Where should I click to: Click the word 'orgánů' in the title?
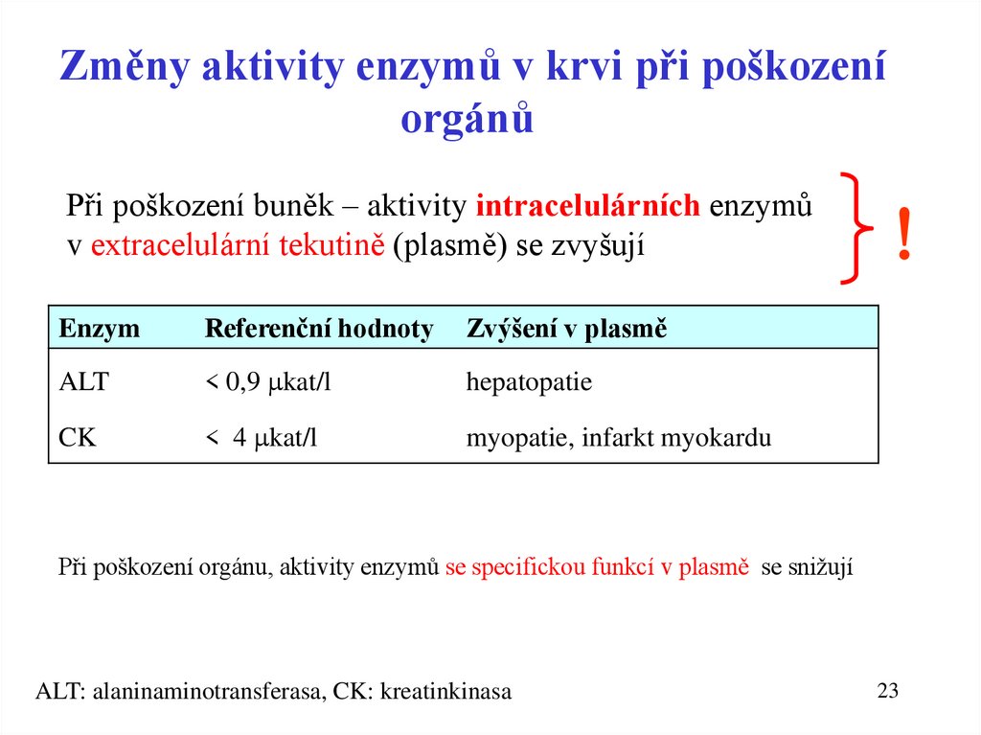point(466,120)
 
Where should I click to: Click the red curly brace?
point(855,228)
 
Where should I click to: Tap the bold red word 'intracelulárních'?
point(588,207)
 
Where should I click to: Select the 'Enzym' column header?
point(100,329)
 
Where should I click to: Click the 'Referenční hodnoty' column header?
point(319,329)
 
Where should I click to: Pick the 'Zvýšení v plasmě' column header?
point(566,329)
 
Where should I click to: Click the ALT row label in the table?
point(84,382)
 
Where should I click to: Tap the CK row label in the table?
point(78,438)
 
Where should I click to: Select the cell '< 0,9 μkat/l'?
point(268,382)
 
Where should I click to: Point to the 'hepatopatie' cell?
point(529,382)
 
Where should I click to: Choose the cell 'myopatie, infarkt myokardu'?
point(618,438)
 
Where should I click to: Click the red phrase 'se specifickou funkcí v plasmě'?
point(596,566)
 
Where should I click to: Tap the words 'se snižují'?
point(806,566)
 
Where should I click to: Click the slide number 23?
point(888,690)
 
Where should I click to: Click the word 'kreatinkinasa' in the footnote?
point(445,691)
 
